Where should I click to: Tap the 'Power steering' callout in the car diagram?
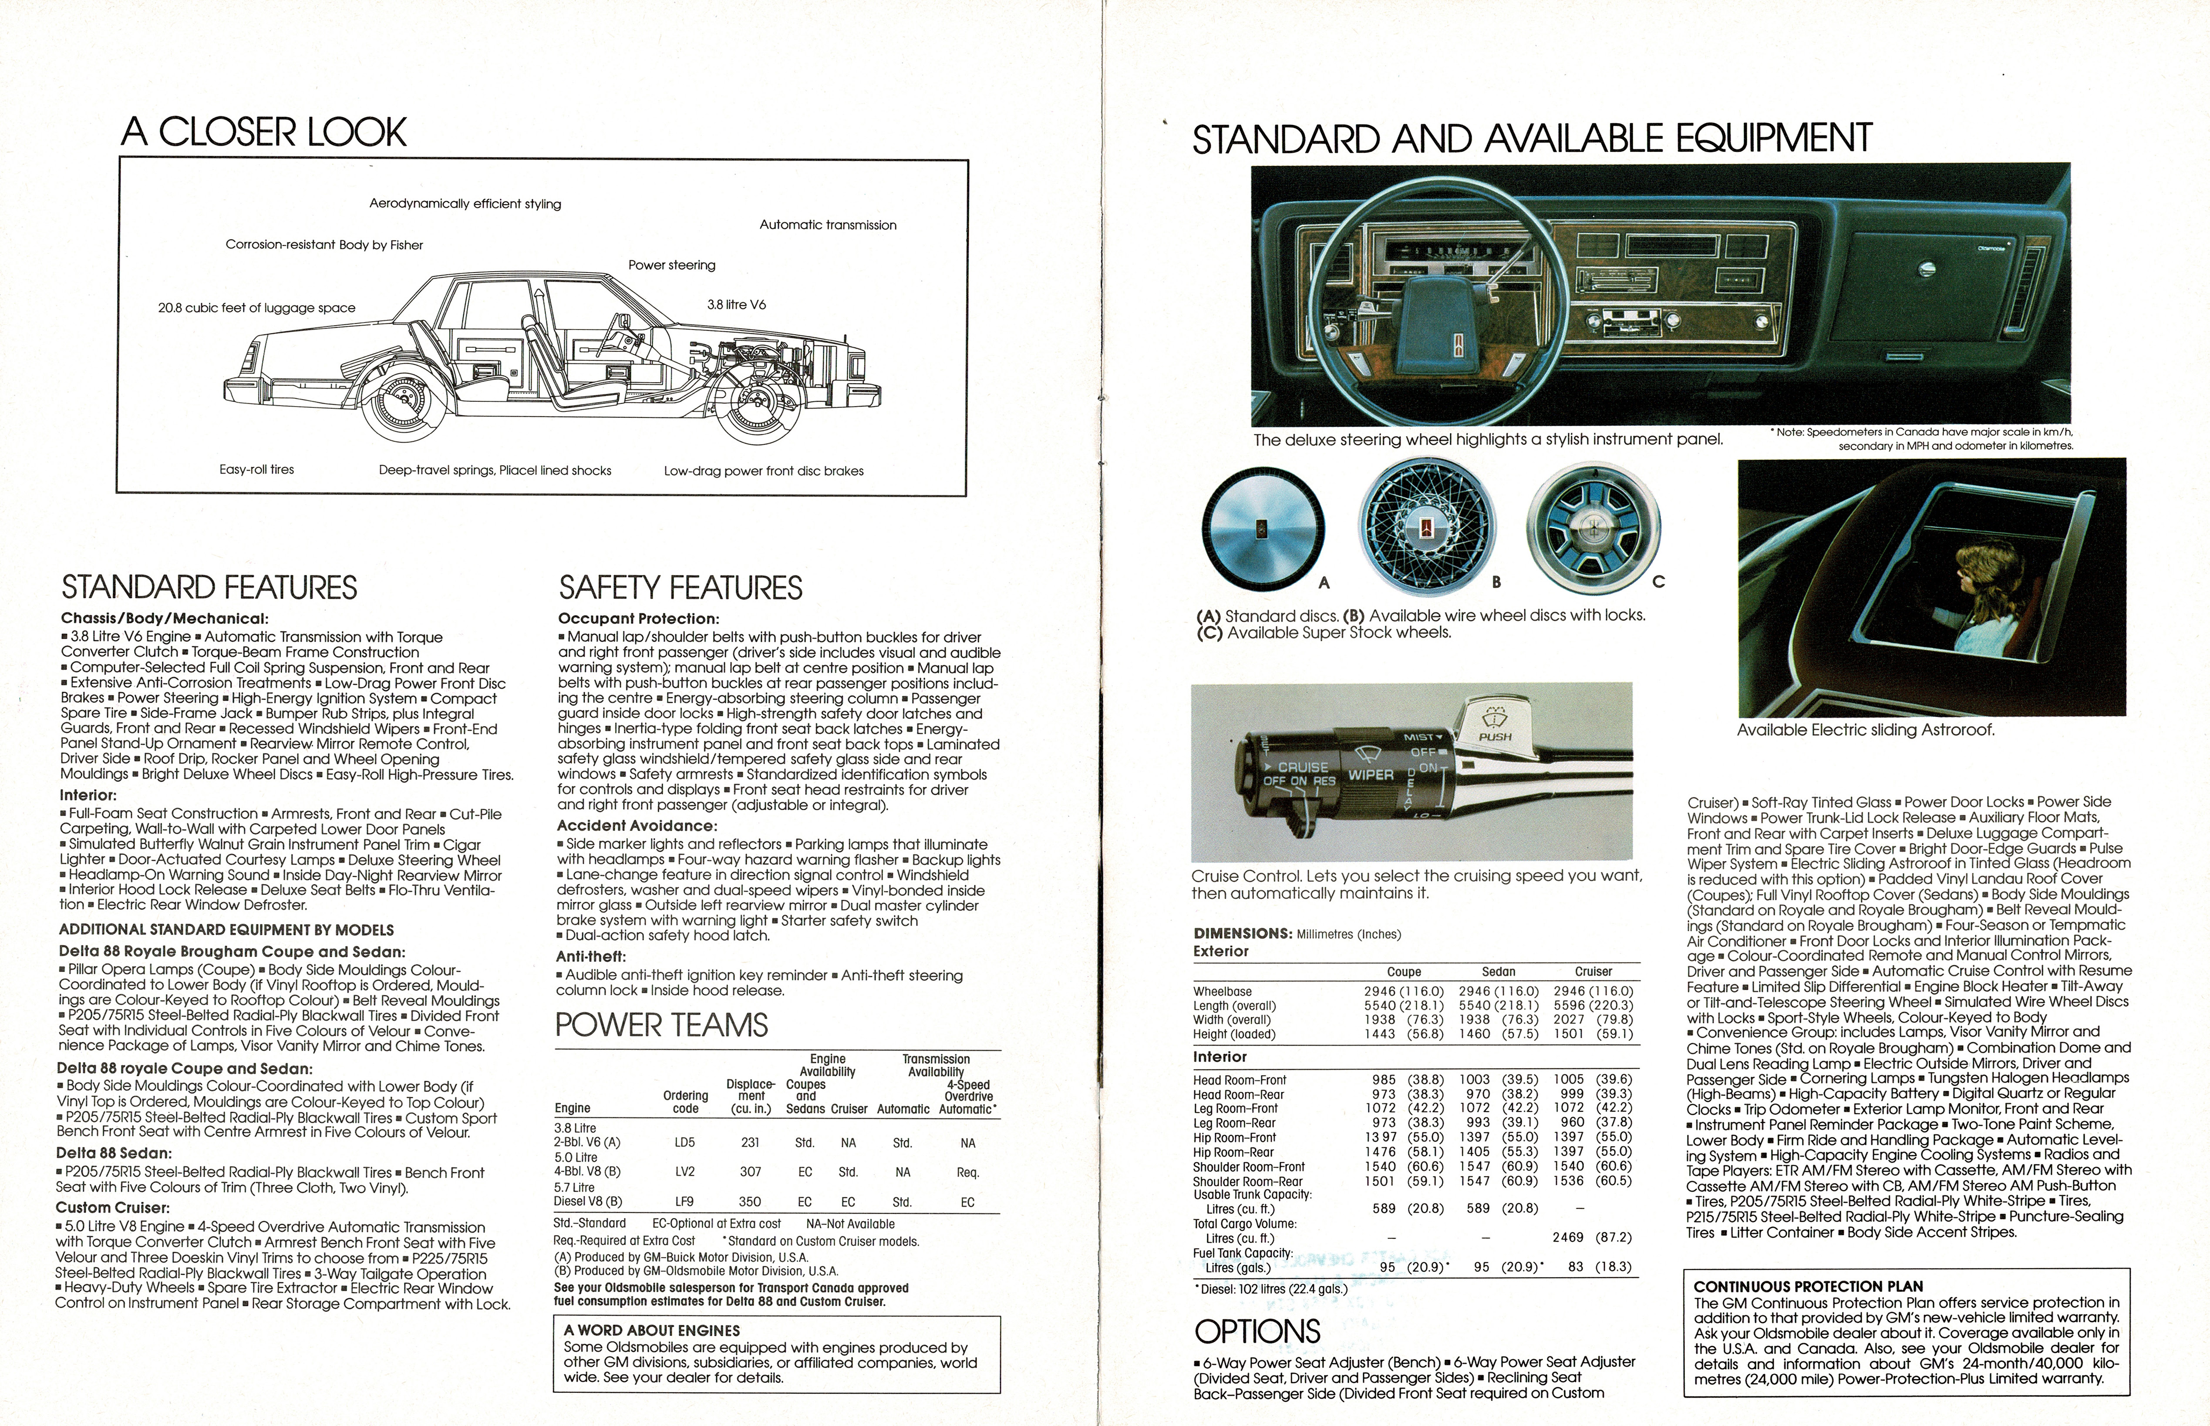tap(671, 265)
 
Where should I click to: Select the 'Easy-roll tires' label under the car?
tap(256, 470)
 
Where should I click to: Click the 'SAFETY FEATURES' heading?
tap(681, 588)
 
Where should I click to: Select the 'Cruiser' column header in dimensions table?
tap(1593, 972)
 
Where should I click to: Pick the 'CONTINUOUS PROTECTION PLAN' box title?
tap(1808, 1286)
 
